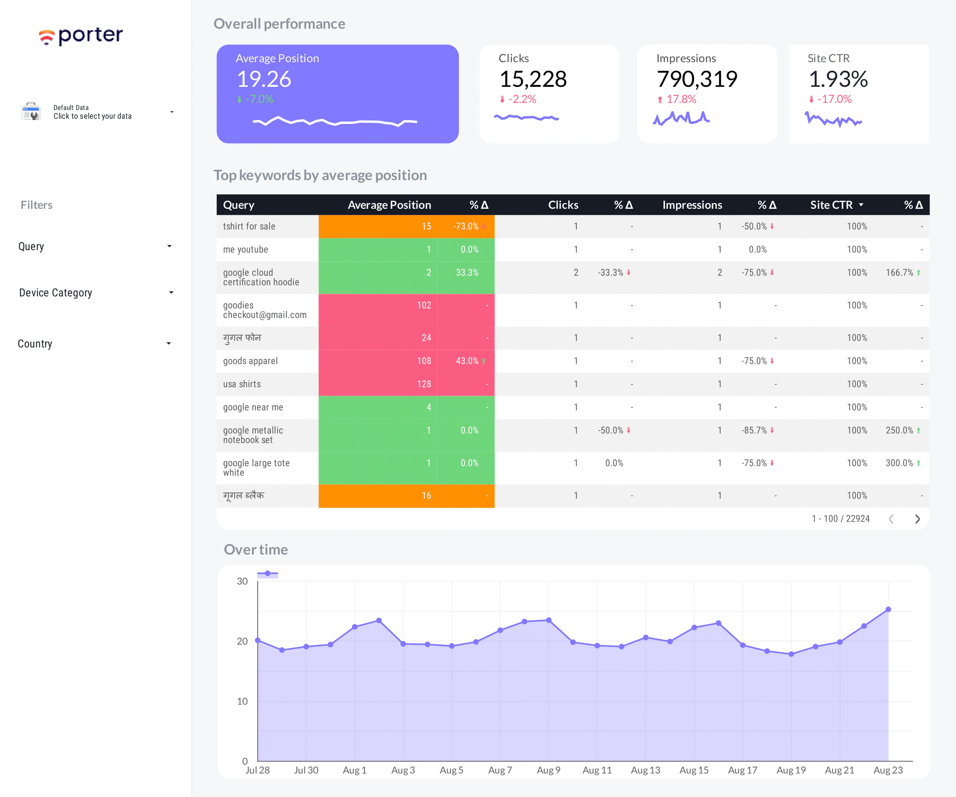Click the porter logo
coord(81,36)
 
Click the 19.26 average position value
coord(263,79)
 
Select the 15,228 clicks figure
coord(533,79)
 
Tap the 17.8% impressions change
coord(681,99)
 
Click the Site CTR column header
coord(831,205)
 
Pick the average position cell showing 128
coord(423,384)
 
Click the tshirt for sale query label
coord(249,226)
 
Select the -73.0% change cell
coord(466,226)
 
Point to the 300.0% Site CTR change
coord(899,463)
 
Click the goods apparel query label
coord(250,361)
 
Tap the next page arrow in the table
coord(917,519)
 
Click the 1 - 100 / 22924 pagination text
coord(841,519)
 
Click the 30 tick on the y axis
coord(242,581)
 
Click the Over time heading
coord(255,550)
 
